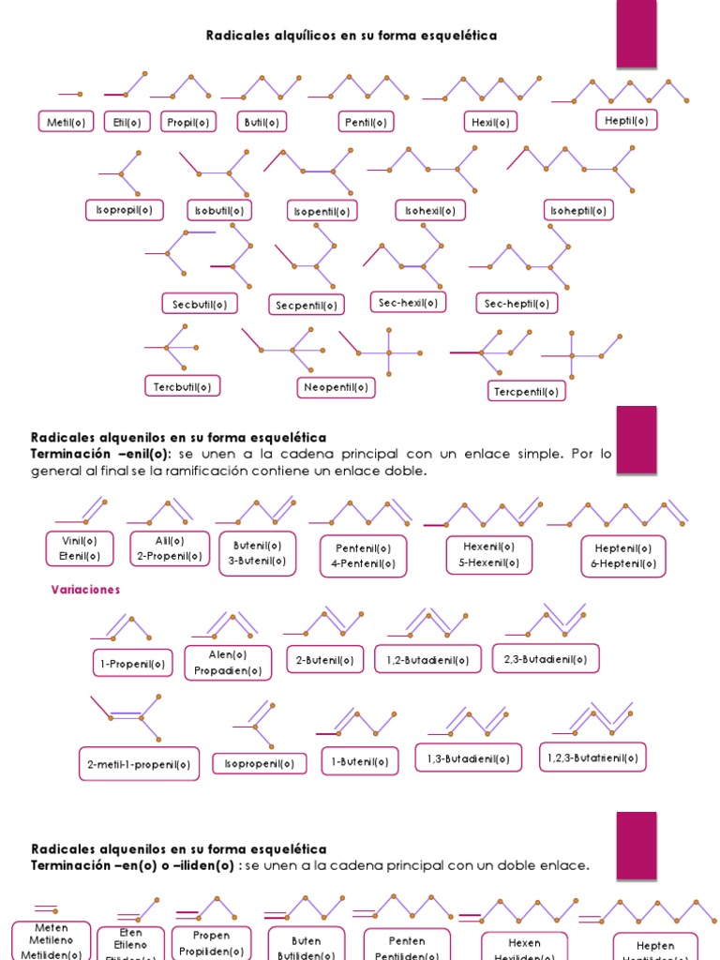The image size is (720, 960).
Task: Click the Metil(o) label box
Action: click(66, 122)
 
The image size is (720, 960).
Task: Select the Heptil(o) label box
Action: click(626, 120)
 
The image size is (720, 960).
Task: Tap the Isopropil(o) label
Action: click(124, 210)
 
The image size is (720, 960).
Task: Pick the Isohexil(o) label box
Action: click(430, 211)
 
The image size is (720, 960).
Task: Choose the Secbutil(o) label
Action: click(199, 304)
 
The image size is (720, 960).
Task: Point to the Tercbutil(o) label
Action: click(182, 385)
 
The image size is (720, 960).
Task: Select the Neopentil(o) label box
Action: click(337, 387)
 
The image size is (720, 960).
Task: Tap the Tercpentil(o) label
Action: click(526, 391)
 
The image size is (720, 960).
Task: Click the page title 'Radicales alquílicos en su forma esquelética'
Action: click(351, 36)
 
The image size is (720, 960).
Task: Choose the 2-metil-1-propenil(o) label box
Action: click(139, 764)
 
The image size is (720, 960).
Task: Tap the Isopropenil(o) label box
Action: click(260, 764)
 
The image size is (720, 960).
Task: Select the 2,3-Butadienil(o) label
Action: click(546, 659)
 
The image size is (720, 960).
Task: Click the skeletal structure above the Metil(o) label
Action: click(70, 94)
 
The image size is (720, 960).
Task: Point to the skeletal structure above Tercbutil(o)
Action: click(169, 347)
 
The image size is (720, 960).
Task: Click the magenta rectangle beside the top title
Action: click(636, 34)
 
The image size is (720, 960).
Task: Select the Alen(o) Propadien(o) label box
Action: click(228, 663)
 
